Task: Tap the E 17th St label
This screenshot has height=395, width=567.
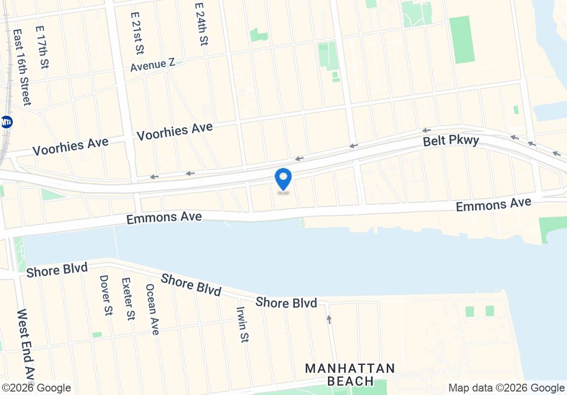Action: coord(42,47)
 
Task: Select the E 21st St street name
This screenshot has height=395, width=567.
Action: coord(137,33)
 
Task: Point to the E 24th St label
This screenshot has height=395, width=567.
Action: coord(200,24)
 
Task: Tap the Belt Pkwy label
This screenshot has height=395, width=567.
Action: coord(451,141)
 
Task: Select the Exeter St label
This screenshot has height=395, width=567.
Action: coord(127,298)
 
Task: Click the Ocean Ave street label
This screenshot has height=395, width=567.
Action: coord(152,309)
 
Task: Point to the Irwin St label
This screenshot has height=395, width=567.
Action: coord(242,324)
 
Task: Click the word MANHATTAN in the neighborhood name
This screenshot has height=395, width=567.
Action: coord(350,368)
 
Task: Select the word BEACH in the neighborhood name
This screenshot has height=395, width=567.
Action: coord(350,381)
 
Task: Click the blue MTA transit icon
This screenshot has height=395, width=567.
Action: coord(6,122)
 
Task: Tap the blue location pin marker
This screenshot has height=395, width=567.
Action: coord(283,178)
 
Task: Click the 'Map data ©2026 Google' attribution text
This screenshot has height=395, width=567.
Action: coord(506,388)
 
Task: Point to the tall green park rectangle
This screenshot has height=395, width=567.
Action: coord(462,39)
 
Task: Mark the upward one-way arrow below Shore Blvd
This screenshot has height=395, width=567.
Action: coord(329,319)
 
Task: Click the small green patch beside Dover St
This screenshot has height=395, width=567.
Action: coord(97,335)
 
